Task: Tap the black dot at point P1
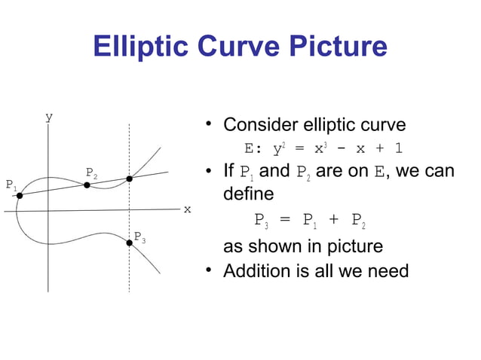20,195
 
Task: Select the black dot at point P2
87,185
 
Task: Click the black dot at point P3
129,243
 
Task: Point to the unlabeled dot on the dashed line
130,178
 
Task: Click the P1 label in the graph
11,185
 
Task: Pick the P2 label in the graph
91,172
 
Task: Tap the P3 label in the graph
139,238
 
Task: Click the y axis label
49,117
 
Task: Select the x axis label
188,209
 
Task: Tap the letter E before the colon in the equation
249,148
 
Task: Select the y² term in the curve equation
277,148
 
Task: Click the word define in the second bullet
248,194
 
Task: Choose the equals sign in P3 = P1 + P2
284,220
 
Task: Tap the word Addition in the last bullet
255,270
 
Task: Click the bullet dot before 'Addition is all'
213,270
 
